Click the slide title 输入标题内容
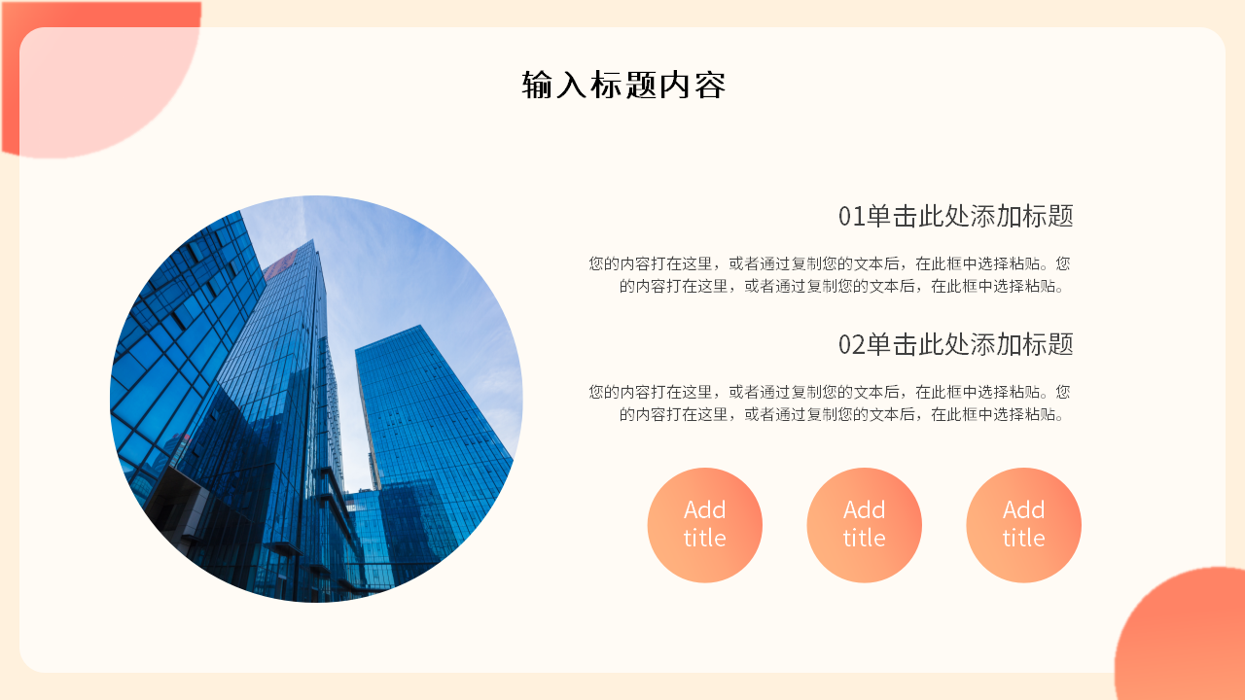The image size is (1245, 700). coord(623,86)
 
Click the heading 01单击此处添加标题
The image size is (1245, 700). coord(955,216)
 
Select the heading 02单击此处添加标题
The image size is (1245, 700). coord(955,344)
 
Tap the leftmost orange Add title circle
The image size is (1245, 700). coord(704,525)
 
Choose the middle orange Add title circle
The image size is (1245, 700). coord(864,525)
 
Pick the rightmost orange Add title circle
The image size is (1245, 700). coord(1023,525)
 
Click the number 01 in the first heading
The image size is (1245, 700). coord(851,216)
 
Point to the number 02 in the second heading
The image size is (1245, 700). coord(851,344)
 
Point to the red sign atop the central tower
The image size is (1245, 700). coord(281,261)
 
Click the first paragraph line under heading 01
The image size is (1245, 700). coord(829,263)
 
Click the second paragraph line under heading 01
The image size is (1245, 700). coord(844,286)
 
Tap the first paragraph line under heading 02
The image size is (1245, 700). coord(829,392)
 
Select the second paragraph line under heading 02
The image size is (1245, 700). coord(844,414)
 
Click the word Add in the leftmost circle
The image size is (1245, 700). coord(704,510)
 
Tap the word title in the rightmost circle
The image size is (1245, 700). coord(1023,539)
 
